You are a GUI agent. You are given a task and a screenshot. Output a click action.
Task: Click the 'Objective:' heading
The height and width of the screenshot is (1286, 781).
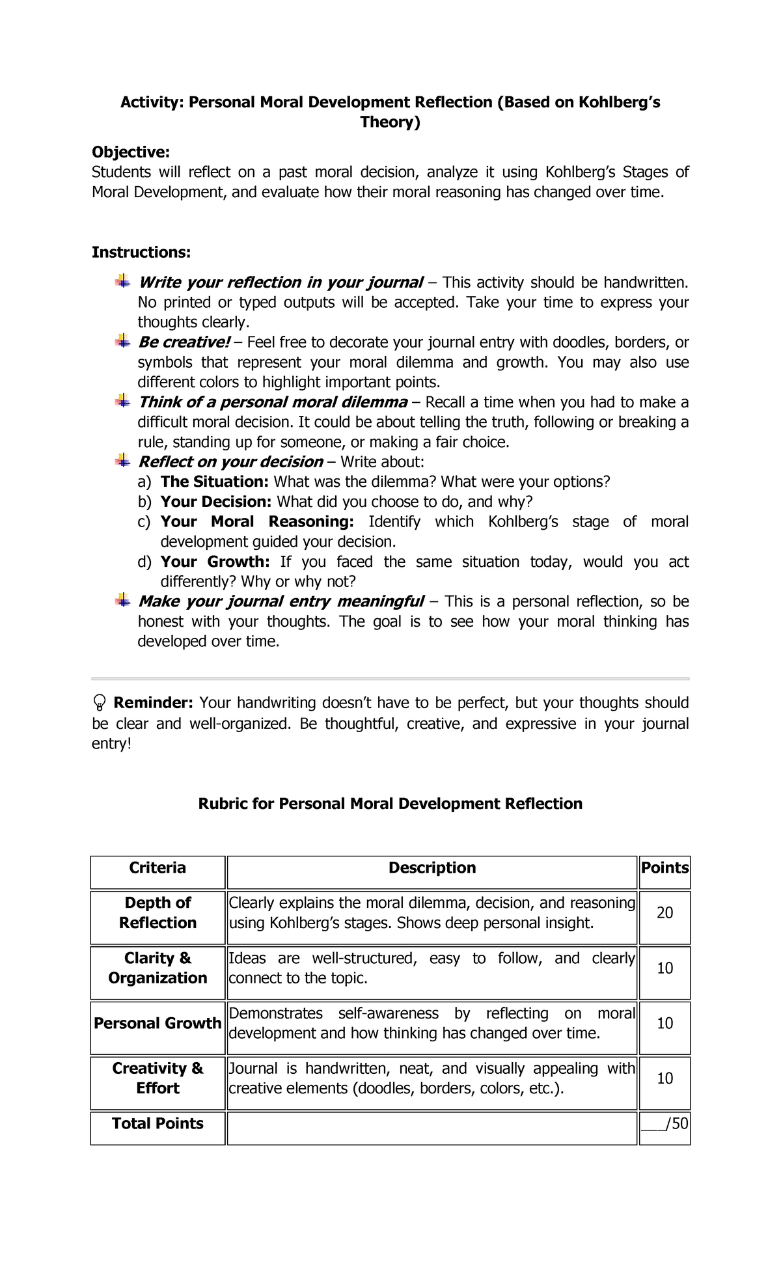(130, 152)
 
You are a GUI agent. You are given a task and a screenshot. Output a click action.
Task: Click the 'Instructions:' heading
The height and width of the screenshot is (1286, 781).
(141, 252)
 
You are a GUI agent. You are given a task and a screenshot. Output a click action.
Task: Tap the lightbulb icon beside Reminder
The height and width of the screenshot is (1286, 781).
(100, 702)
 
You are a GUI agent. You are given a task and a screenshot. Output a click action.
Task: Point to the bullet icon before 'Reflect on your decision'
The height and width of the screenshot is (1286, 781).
(122, 461)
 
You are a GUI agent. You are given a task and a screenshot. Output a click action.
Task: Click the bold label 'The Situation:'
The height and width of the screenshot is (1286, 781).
(214, 482)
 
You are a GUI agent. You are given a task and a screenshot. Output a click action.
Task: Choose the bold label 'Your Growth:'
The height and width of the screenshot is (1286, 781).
(215, 562)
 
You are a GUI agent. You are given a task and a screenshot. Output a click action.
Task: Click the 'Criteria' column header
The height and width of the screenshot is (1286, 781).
(158, 868)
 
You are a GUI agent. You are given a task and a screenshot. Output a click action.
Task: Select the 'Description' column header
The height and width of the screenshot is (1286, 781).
(432, 868)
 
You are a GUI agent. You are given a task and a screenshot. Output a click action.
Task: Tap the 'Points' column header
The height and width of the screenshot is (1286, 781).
(665, 868)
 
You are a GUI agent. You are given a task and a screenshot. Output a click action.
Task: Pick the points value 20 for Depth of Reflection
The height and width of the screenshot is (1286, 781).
(665, 913)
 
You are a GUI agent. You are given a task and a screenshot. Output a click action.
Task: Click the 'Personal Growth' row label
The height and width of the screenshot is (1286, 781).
(158, 1023)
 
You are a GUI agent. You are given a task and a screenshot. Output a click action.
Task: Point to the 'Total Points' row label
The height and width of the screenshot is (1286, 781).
(158, 1123)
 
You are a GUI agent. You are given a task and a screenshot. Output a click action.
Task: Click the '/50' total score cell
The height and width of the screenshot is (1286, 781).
(665, 1123)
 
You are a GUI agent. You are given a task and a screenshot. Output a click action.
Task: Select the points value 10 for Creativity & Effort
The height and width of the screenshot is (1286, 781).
(665, 1078)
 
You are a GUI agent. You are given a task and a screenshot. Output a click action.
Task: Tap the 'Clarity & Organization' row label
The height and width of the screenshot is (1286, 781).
(158, 968)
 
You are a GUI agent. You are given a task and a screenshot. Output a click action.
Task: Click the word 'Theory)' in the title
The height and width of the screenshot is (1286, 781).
(390, 122)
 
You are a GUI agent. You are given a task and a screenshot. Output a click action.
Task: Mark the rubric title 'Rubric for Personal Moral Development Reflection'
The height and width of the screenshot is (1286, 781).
(390, 804)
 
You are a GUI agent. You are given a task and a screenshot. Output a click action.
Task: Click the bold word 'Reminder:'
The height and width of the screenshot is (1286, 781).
(153, 703)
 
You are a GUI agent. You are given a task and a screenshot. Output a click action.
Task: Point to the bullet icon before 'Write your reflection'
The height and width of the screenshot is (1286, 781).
(122, 282)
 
